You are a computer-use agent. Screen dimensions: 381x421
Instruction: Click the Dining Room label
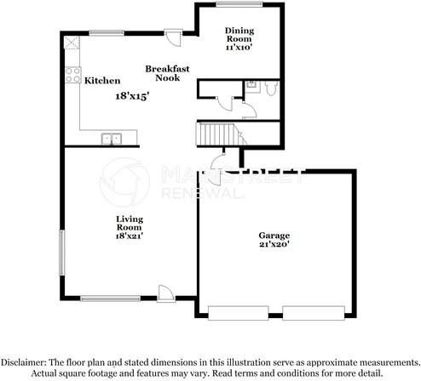(239, 36)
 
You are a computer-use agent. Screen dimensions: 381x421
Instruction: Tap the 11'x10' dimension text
(239, 48)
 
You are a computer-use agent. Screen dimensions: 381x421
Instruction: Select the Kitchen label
(101, 81)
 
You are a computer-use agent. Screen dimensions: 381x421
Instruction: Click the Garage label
(274, 236)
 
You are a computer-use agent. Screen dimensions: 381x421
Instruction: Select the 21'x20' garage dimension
(274, 245)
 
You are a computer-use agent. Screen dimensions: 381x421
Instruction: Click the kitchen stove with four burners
(72, 75)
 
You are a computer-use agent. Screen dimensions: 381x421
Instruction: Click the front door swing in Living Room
(167, 291)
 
